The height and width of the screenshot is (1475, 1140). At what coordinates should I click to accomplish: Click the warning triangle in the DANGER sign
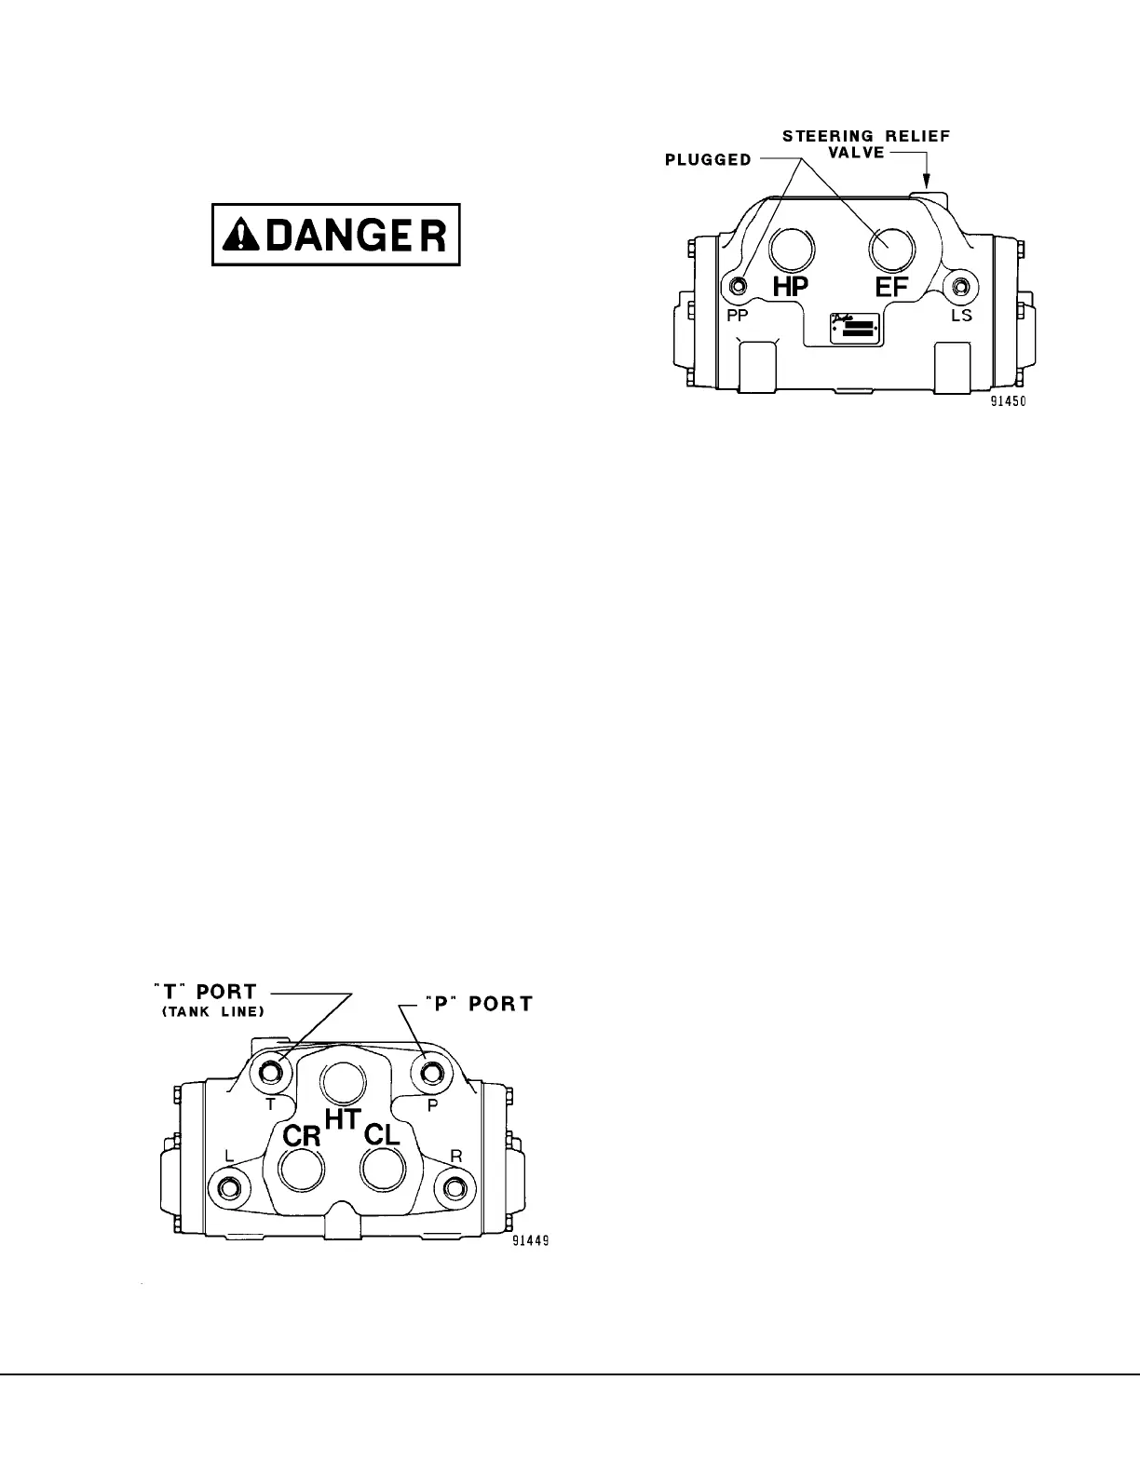(238, 235)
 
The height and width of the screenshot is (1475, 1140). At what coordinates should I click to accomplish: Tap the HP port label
(791, 287)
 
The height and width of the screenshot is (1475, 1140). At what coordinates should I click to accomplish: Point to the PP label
(739, 316)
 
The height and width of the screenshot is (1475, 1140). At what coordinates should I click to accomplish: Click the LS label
(961, 316)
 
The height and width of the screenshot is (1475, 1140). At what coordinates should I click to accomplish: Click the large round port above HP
(792, 249)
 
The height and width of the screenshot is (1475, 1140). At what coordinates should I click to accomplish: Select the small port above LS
(959, 285)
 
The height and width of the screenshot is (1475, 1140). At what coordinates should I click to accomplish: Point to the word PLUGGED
(708, 159)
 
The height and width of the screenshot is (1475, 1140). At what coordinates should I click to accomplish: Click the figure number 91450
(1011, 403)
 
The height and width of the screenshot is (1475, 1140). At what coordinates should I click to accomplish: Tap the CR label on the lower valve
(302, 1136)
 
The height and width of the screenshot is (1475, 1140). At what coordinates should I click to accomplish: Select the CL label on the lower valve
(382, 1135)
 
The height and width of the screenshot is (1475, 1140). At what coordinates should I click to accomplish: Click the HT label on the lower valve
(343, 1118)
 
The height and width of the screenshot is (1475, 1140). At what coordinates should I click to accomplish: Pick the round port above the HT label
(343, 1083)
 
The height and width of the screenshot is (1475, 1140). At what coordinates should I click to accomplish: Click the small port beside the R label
(455, 1188)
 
